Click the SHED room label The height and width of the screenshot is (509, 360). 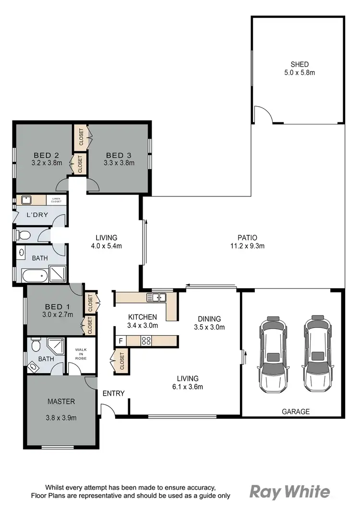[x=299, y=64]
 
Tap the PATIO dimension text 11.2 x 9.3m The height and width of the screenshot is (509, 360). [x=247, y=246]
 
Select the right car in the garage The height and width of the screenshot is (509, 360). [x=317, y=354]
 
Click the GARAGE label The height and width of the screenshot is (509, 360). [x=295, y=412]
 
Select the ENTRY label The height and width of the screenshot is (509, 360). [x=114, y=394]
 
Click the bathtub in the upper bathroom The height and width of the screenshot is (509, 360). [x=35, y=276]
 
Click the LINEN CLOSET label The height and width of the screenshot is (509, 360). [x=57, y=200]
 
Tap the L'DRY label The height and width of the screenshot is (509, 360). [x=37, y=215]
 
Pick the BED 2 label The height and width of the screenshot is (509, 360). [x=46, y=155]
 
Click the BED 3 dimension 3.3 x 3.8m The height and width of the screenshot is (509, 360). [x=119, y=163]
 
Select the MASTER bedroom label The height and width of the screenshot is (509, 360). [x=61, y=401]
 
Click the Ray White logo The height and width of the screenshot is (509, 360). [x=289, y=492]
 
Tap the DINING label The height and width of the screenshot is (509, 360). [x=209, y=319]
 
